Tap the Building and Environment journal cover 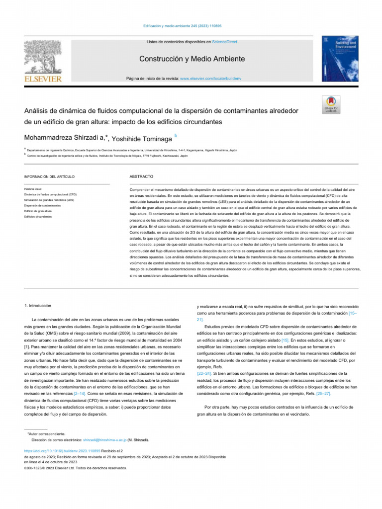click(340, 59)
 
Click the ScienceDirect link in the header click(225, 43)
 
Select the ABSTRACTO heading click(141, 177)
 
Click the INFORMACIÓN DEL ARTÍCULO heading click(49, 177)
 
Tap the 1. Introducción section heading click(38, 305)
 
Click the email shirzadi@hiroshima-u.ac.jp click(105, 440)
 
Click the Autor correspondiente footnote click(46, 434)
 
